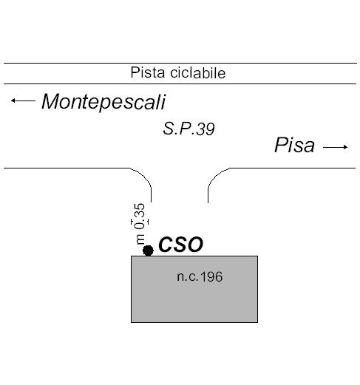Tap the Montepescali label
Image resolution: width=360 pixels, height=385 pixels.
click(103, 102)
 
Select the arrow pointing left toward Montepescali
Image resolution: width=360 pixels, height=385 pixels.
click(23, 100)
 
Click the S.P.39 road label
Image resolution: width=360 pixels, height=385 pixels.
click(189, 129)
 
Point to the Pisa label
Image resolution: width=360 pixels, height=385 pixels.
click(294, 145)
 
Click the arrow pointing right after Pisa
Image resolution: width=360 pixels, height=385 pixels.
click(336, 147)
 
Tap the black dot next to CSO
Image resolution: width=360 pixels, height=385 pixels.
click(148, 251)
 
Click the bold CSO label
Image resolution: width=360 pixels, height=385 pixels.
click(180, 245)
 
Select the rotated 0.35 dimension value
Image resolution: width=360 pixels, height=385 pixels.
click(140, 216)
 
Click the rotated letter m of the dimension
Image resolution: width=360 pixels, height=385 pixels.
click(140, 239)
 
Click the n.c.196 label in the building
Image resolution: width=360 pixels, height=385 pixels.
click(200, 276)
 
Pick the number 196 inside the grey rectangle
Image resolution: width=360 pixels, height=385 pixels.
click(211, 276)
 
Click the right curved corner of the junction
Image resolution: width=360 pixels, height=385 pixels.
click(214, 178)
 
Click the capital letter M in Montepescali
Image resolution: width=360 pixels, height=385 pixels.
click(51, 101)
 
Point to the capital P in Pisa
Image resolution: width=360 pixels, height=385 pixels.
click(280, 145)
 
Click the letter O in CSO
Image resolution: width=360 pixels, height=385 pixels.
click(194, 245)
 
